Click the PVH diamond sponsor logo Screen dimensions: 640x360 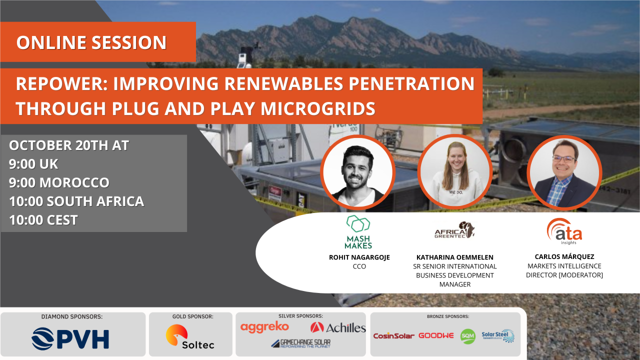[x=70, y=339]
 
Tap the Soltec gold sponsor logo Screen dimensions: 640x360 [x=190, y=336]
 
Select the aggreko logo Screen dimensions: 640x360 [x=264, y=327]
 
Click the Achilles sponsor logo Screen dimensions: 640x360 [x=338, y=327]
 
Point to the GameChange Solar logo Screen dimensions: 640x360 [x=301, y=343]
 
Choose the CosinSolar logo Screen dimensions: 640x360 [x=393, y=336]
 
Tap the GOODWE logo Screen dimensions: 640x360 [x=436, y=335]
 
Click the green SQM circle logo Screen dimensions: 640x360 [x=467, y=336]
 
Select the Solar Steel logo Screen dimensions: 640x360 [x=498, y=335]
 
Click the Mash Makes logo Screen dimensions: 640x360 [x=358, y=232]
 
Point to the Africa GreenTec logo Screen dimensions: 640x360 [x=454, y=230]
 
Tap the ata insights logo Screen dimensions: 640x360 [x=564, y=231]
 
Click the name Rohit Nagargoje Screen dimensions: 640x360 [x=359, y=257]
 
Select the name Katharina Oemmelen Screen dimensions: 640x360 [x=455, y=257]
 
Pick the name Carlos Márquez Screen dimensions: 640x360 [x=564, y=256]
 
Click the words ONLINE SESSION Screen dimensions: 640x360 [x=91, y=42]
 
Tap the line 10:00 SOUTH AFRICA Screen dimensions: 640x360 [x=76, y=201]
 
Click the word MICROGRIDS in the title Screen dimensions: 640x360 [x=317, y=109]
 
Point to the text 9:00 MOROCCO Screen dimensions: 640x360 [x=59, y=182]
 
